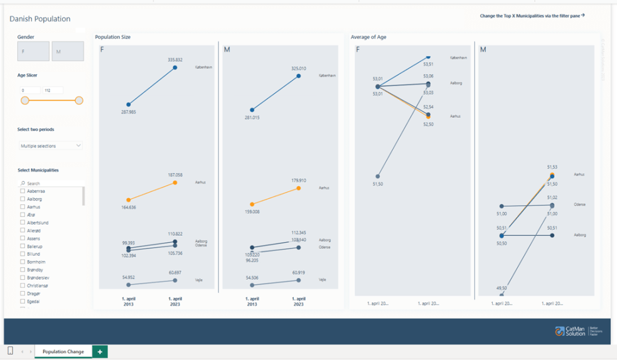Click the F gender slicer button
point(33,51)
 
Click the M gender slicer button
point(67,51)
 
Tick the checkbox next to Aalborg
point(23,199)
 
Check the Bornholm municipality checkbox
point(23,262)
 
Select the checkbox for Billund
point(23,254)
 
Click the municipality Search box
point(51,183)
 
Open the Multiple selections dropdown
point(51,146)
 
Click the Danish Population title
point(40,19)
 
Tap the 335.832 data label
point(174,60)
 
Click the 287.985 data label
point(128,112)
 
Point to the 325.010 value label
point(298,68)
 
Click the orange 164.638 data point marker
point(129,200)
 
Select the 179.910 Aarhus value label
point(298,181)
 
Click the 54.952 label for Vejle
point(128,277)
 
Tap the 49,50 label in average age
point(502,288)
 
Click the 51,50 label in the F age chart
point(378,184)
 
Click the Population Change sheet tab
point(63,351)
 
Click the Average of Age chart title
point(368,37)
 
